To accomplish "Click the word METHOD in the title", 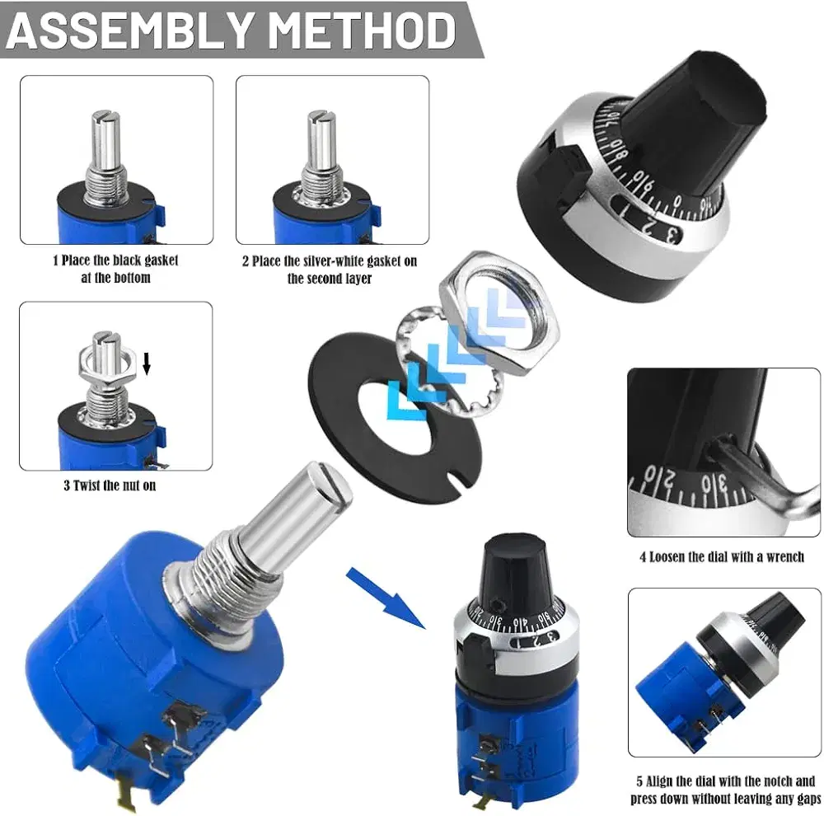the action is (364, 30).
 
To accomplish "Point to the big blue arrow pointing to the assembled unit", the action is (385, 598).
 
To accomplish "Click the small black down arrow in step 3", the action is (147, 363).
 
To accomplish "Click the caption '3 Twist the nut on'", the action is (110, 485).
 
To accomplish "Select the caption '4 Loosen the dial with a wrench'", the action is (722, 557).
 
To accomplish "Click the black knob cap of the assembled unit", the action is (516, 573).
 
